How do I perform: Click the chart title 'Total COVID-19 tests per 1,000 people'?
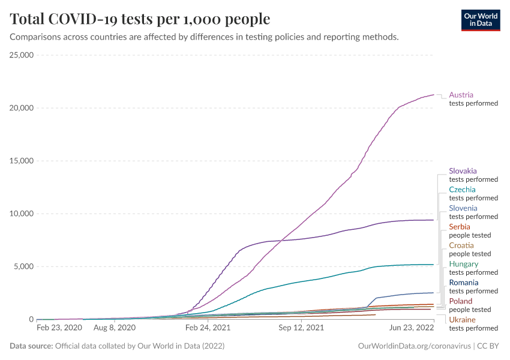140,19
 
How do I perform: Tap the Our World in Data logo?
480,20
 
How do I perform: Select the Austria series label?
461,95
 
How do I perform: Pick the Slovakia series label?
463,171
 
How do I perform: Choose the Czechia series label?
462,190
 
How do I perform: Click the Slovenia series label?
463,208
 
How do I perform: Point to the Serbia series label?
459,227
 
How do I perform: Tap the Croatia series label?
461,245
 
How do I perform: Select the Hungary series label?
463,264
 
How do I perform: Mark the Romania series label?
463,283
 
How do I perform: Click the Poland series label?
460,301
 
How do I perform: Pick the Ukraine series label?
462,320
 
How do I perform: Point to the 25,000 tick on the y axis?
22,55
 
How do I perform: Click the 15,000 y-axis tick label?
22,161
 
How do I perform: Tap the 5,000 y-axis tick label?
24,266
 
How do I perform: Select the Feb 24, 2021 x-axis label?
208,328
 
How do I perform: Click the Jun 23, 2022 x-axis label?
411,328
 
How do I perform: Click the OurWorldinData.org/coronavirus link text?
414,346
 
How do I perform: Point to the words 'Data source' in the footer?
31,346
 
